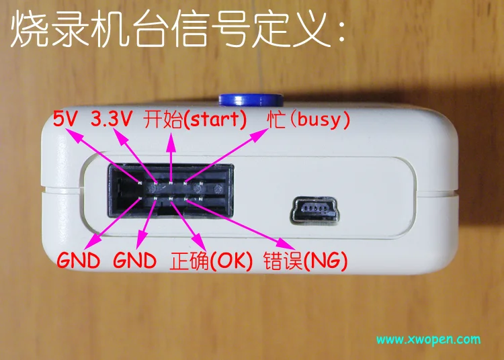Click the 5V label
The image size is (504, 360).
66,120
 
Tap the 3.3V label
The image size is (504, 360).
112,120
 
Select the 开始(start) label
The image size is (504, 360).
196,120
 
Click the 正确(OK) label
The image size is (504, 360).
211,261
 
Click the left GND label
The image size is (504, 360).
79,261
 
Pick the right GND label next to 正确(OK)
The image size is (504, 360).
135,261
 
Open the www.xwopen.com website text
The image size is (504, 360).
428,339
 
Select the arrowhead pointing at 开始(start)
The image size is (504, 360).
171,136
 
